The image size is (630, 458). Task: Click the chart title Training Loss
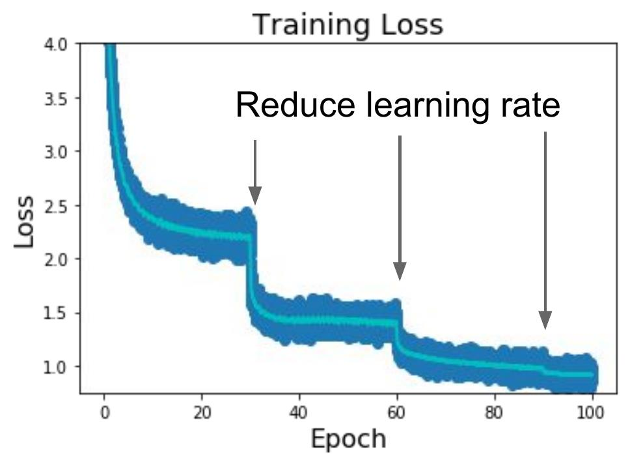point(348,25)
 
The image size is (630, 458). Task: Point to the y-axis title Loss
point(24,222)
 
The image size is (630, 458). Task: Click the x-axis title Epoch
point(348,438)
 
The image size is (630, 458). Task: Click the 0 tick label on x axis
point(104,412)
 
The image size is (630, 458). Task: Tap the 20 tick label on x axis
point(202,412)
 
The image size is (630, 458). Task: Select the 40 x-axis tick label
point(299,412)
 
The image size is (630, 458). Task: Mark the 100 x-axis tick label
point(592,412)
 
